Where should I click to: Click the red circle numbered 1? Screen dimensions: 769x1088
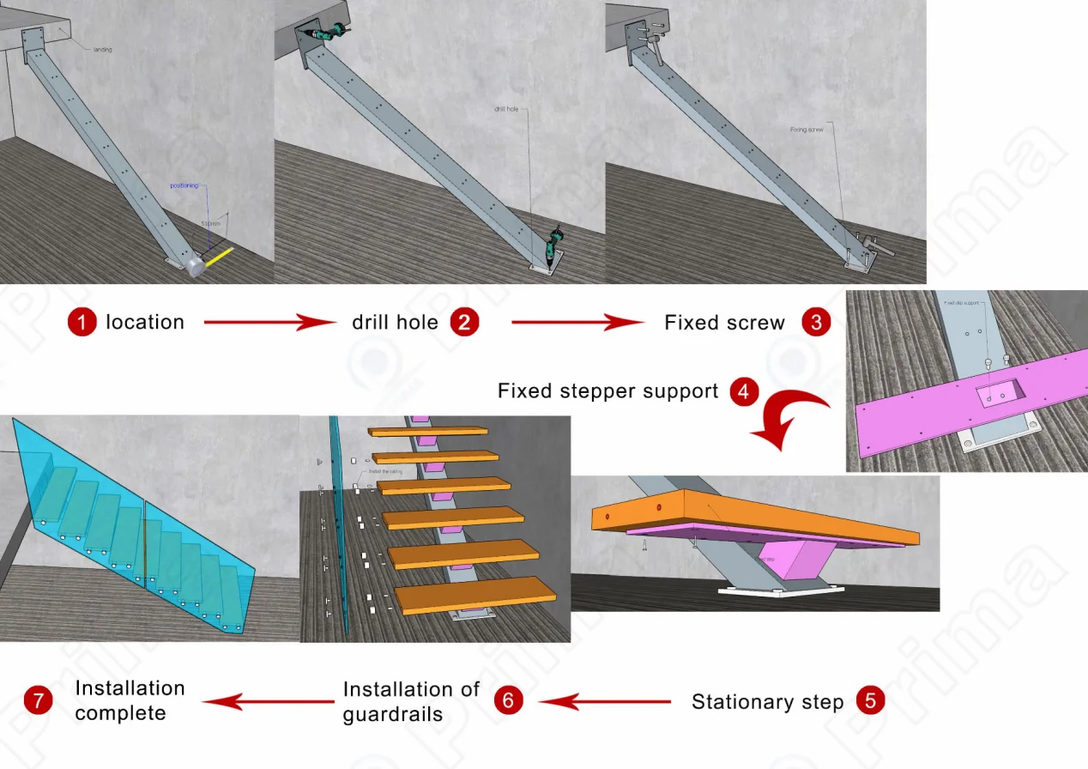[82, 323]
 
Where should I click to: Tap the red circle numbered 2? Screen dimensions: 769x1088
[464, 323]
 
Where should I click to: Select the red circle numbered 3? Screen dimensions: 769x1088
[815, 323]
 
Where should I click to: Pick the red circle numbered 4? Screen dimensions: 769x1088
[743, 392]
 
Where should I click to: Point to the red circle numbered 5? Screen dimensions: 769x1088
[870, 701]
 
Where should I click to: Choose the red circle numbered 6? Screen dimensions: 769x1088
[508, 701]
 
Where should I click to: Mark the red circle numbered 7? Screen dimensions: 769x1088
[39, 701]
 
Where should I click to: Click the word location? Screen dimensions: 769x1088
[145, 323]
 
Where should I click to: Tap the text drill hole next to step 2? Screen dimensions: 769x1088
[395, 323]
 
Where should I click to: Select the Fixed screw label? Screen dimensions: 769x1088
[724, 324]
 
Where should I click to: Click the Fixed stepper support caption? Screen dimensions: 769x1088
[607, 391]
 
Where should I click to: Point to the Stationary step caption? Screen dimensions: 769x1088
[767, 702]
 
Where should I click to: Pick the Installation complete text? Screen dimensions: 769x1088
[130, 700]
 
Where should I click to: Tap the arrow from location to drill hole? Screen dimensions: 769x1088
[271, 323]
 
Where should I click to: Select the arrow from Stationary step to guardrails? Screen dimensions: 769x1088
[605, 701]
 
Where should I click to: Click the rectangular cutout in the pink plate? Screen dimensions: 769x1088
[999, 394]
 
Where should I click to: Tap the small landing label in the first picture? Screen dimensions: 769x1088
[102, 50]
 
